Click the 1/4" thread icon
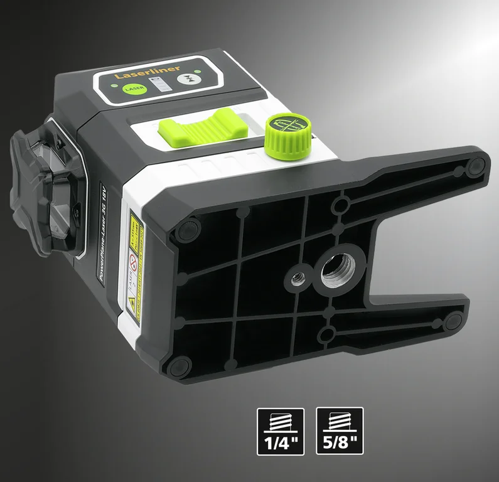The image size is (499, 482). click(281, 431)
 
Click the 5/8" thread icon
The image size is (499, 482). click(340, 431)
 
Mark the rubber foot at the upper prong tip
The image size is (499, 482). click(475, 166)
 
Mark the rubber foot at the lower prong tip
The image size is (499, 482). click(453, 322)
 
